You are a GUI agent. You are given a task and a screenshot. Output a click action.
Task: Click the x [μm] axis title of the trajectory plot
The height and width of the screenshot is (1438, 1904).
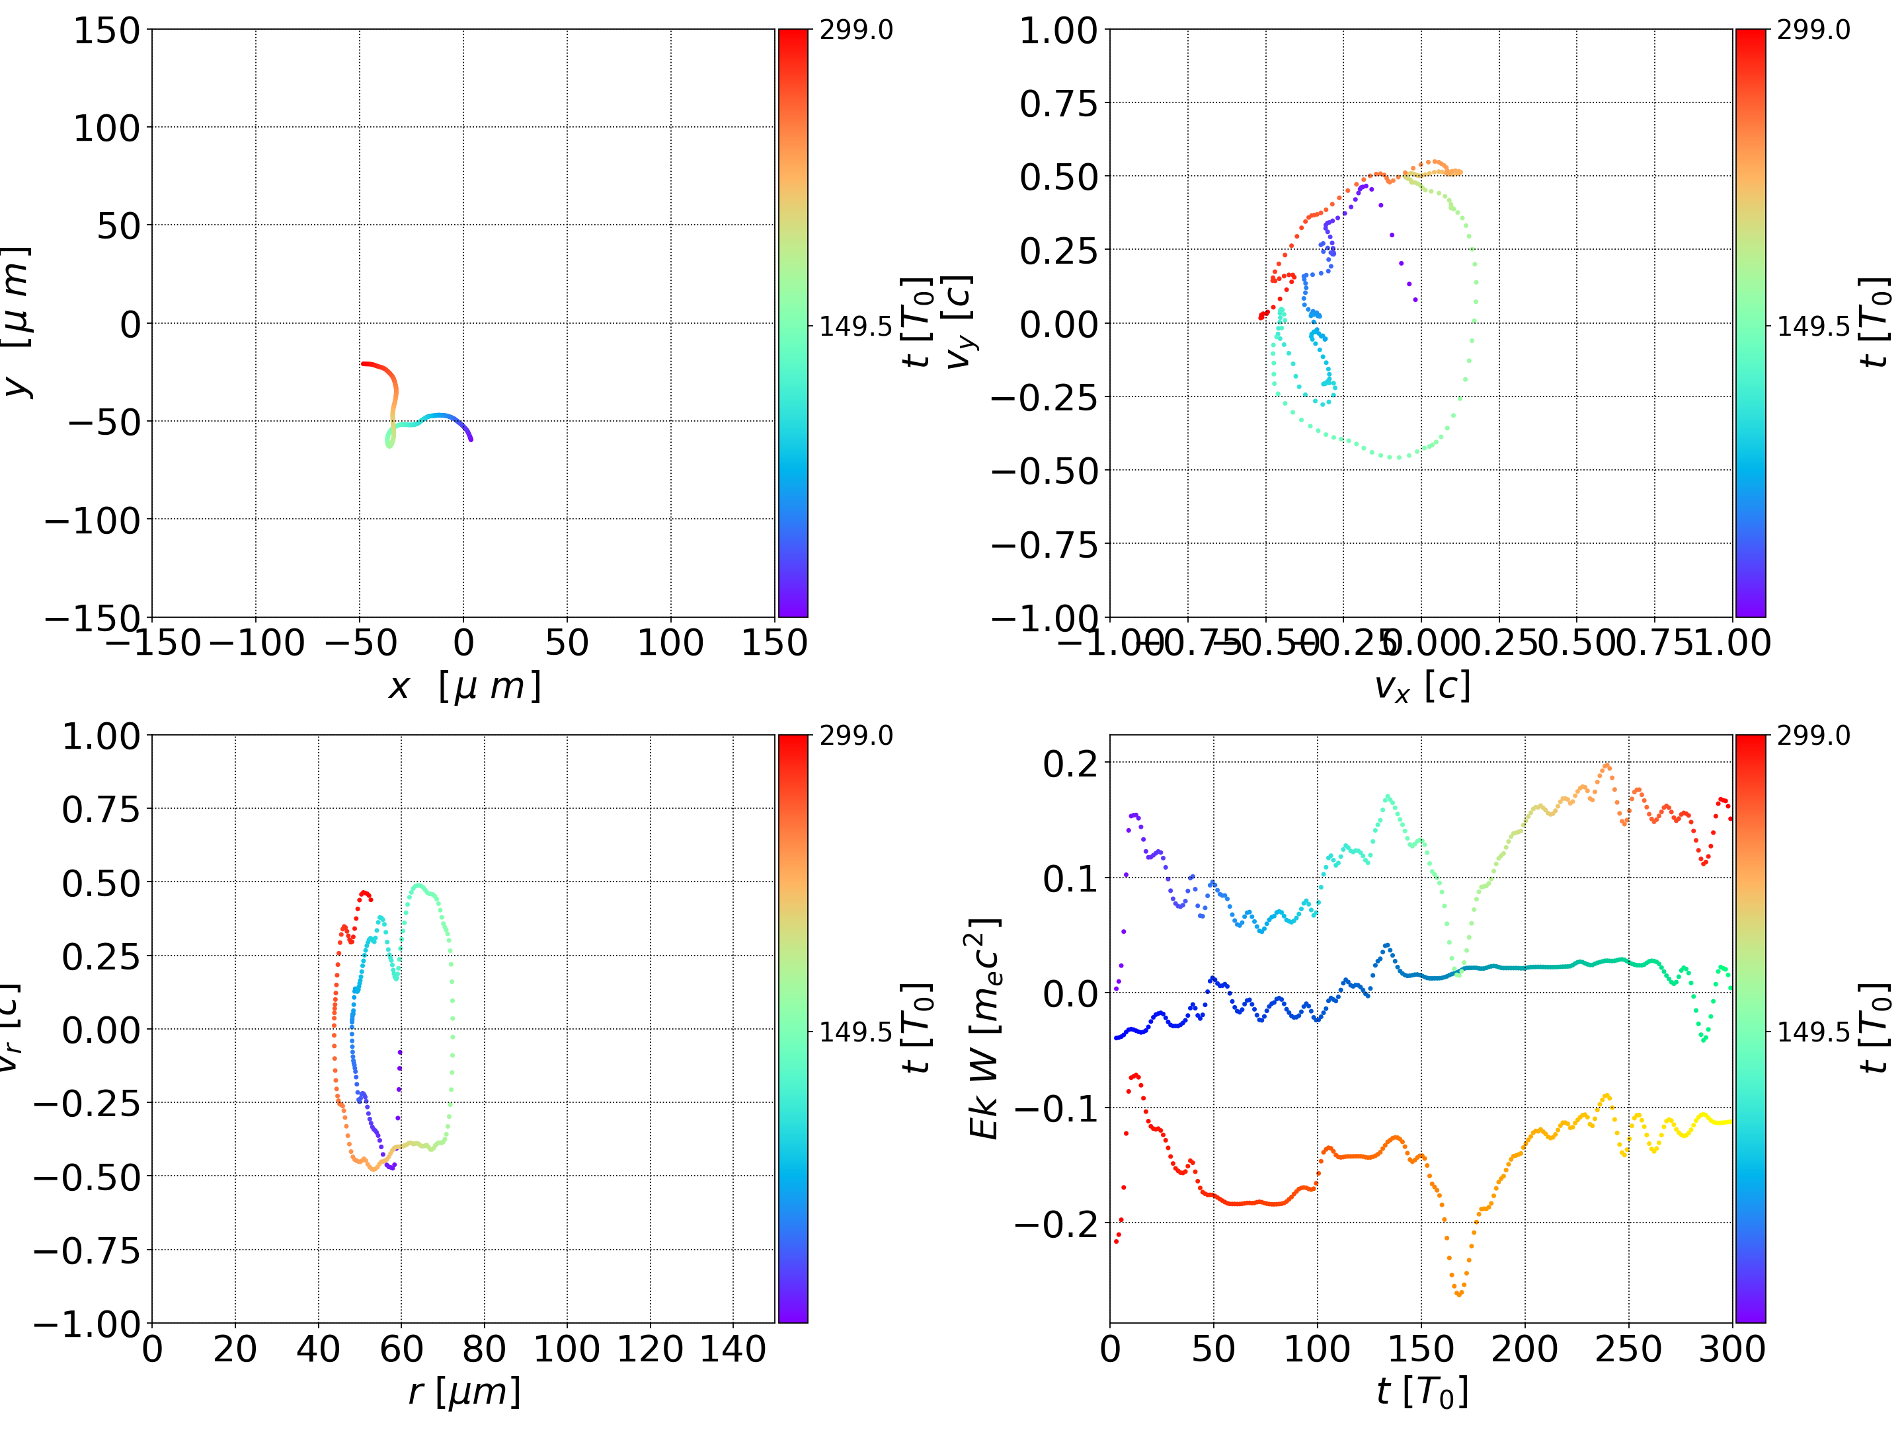pos(464,687)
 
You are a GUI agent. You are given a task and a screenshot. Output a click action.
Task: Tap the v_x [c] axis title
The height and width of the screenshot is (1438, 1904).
pos(1421,687)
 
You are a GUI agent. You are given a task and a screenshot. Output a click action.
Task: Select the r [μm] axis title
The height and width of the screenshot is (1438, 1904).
pos(464,1392)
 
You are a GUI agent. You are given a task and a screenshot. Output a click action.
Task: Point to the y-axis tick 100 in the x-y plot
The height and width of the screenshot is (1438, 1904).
pos(106,128)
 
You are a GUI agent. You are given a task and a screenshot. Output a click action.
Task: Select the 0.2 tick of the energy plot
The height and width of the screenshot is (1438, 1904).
pos(1070,763)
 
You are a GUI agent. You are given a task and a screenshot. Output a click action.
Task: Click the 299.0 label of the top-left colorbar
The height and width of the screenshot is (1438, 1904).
pos(856,30)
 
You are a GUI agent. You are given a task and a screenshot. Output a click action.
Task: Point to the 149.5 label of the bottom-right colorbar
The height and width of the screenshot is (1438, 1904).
pos(1813,1032)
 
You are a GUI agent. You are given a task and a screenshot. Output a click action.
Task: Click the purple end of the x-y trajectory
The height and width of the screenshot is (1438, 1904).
pos(470,439)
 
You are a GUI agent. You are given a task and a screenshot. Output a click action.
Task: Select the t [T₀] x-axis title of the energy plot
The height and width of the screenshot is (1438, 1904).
pos(1421,1392)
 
